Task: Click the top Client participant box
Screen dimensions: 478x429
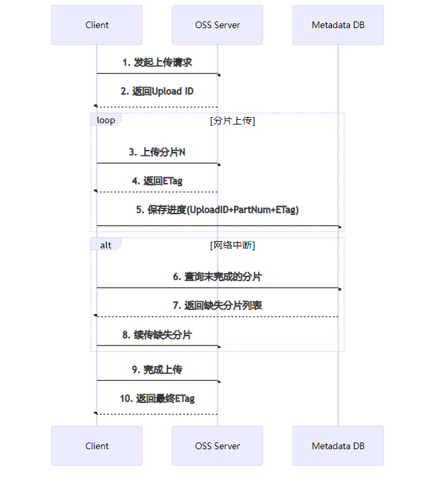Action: [x=97, y=25]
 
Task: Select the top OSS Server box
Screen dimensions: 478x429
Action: [x=217, y=25]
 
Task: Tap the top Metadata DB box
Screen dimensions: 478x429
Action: [x=338, y=25]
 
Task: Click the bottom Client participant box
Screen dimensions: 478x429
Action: [x=97, y=446]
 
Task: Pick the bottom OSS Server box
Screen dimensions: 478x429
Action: [x=217, y=446]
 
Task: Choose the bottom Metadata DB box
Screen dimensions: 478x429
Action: [x=338, y=446]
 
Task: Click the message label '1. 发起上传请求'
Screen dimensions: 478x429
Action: [x=157, y=62]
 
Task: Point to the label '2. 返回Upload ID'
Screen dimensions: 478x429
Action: [x=157, y=91]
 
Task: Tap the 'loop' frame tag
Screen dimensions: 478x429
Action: [x=106, y=121]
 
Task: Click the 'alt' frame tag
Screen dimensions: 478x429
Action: [x=106, y=245]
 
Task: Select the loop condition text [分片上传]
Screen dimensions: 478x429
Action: [x=233, y=121]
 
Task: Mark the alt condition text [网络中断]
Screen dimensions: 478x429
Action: [x=233, y=245]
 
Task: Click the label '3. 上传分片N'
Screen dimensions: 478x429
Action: [x=157, y=152]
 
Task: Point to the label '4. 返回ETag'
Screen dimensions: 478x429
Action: [x=157, y=181]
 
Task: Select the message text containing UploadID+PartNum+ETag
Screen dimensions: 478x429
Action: [x=217, y=210]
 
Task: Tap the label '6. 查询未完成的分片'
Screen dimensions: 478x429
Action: [x=217, y=276]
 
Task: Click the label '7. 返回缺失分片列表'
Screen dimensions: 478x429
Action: [x=217, y=305]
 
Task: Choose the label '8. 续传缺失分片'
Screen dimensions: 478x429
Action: [x=157, y=334]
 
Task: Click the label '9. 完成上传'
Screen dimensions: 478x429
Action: [x=157, y=370]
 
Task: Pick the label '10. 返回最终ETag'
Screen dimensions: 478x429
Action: [x=157, y=398]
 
